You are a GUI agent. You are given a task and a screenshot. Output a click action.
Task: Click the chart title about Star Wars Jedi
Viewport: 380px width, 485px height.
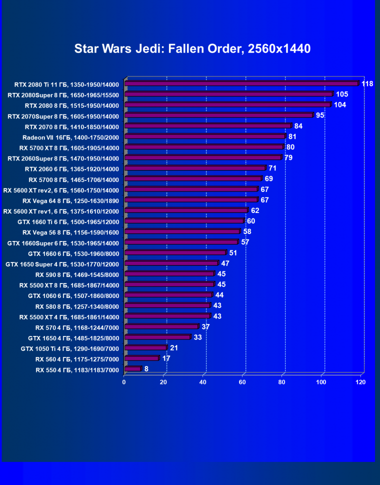pyautogui.click(x=192, y=48)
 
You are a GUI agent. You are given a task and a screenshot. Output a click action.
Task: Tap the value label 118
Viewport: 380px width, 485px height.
pyautogui.click(x=367, y=83)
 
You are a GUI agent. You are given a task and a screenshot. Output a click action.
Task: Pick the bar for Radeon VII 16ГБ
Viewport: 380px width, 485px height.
pyautogui.click(x=205, y=136)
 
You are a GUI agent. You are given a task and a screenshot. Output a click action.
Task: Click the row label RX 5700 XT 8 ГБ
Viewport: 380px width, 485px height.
pyautogui.click(x=69, y=147)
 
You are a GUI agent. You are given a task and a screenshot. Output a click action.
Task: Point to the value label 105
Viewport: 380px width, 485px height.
pyautogui.click(x=342, y=94)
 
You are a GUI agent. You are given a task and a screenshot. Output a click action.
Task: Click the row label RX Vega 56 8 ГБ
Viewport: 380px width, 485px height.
pyautogui.click(x=70, y=232)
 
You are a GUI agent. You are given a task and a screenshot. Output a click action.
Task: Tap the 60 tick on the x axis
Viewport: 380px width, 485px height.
pyautogui.click(x=242, y=382)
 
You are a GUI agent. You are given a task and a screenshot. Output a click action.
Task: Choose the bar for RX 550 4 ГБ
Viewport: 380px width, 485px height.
pyautogui.click(x=133, y=369)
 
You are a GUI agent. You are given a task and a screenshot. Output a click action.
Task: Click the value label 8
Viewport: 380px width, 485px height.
pyautogui.click(x=146, y=369)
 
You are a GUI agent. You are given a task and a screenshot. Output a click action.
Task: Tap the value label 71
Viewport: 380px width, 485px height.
pyautogui.click(x=272, y=168)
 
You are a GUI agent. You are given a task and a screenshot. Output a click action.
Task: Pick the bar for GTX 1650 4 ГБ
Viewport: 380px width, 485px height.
pyautogui.click(x=157, y=337)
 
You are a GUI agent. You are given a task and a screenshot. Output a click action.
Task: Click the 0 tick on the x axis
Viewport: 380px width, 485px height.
pyautogui.click(x=124, y=382)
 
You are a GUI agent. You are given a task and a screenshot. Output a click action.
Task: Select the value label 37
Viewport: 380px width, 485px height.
pyautogui.click(x=205, y=326)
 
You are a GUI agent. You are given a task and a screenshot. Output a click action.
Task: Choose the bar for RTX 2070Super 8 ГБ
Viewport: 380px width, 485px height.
pyautogui.click(x=218, y=115)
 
